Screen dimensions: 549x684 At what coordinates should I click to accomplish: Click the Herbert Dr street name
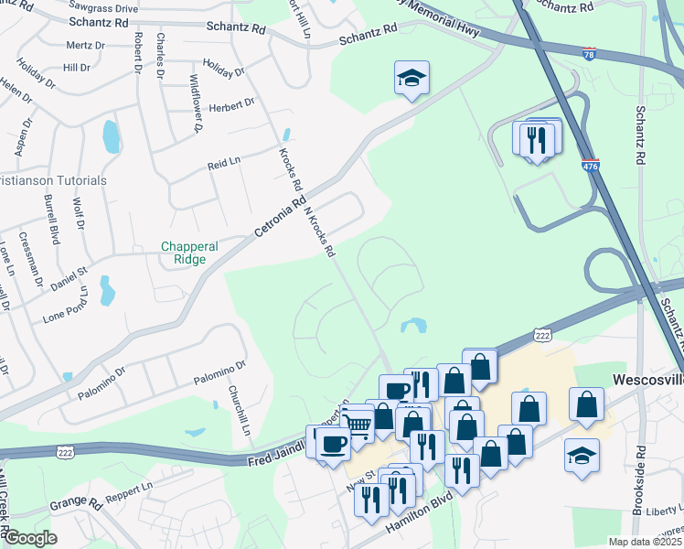click(x=231, y=104)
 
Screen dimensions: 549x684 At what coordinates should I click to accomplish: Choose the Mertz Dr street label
click(x=85, y=44)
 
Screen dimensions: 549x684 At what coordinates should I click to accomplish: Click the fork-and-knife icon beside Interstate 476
click(x=536, y=140)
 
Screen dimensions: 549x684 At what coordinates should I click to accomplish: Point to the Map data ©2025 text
click(x=644, y=542)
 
